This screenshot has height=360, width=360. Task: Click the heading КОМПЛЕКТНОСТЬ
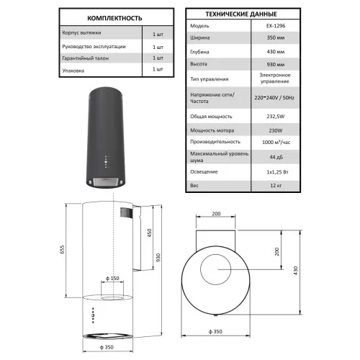[x=114, y=18]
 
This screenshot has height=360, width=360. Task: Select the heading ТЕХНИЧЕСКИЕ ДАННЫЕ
[x=241, y=14]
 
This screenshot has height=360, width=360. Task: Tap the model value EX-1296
[x=276, y=26]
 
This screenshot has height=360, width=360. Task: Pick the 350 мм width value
[x=276, y=37]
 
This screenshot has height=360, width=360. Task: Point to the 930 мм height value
[x=276, y=65]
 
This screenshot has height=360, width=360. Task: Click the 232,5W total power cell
[x=276, y=117]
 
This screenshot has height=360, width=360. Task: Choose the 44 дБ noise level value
[x=276, y=157]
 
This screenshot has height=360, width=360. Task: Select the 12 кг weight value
[x=276, y=186]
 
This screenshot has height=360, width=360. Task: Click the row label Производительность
[x=215, y=142]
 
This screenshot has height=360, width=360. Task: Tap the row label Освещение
[x=204, y=172]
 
